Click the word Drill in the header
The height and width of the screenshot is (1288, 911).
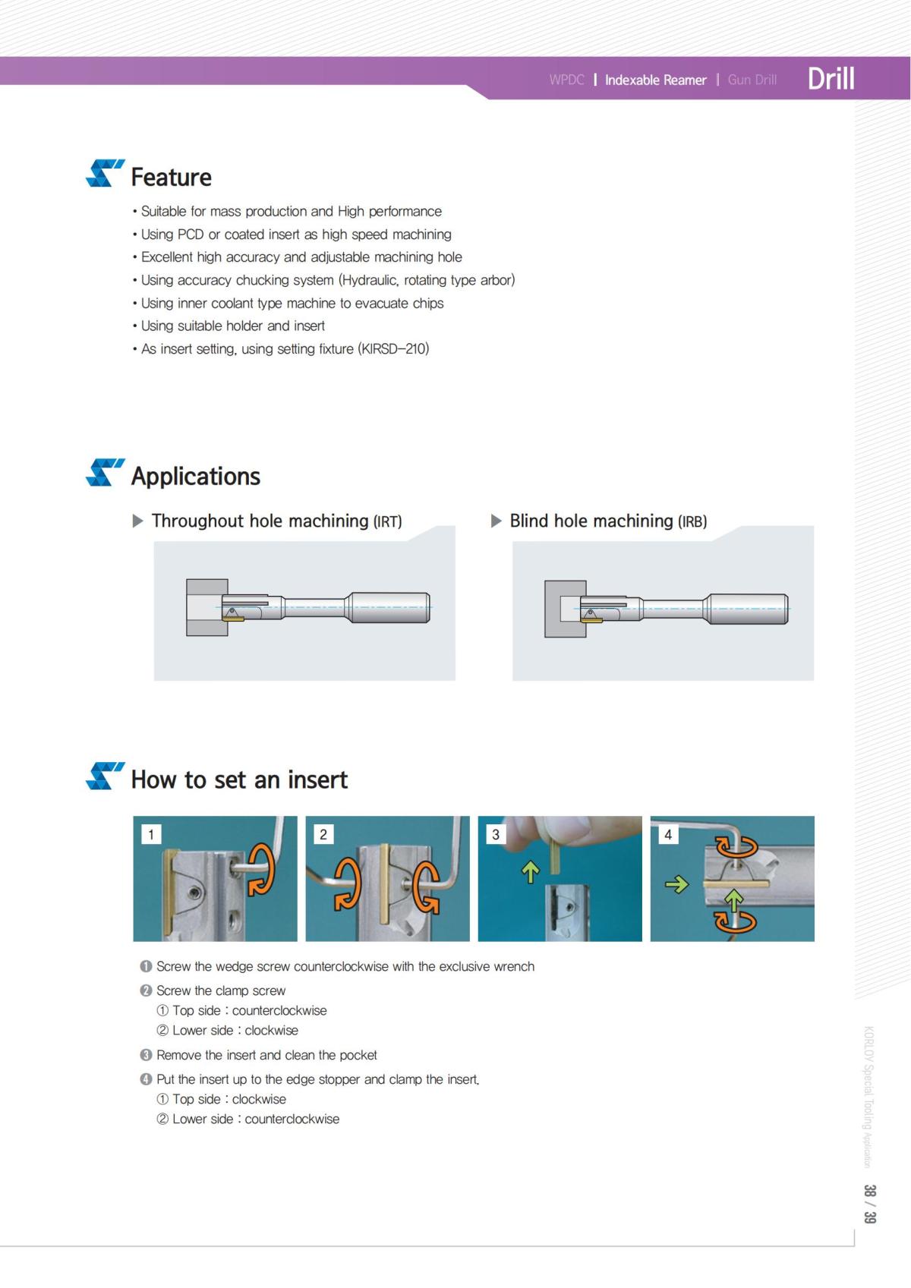tap(831, 78)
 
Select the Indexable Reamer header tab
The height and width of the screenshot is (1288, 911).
tap(655, 80)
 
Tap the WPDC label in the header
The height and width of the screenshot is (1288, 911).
tap(566, 80)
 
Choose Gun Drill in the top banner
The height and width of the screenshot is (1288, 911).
tap(752, 80)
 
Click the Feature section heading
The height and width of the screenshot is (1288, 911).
tap(171, 177)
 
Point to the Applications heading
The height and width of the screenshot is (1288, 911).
tap(195, 476)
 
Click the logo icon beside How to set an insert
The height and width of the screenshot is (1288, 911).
tap(104, 776)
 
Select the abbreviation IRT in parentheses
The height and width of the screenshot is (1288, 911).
tap(387, 521)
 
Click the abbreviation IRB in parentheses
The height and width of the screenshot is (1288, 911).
tap(692, 521)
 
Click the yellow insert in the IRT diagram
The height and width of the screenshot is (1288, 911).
tap(233, 619)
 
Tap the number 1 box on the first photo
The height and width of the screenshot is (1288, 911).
tap(151, 835)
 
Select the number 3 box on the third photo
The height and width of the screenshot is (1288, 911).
tap(496, 835)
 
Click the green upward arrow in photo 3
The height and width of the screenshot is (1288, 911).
tap(530, 872)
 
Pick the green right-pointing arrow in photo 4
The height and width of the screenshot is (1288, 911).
tap(676, 884)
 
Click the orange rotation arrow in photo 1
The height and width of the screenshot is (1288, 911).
tap(262, 869)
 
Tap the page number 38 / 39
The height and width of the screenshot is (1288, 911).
tap(869, 1204)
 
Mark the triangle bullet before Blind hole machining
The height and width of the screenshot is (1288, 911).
tap(496, 521)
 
